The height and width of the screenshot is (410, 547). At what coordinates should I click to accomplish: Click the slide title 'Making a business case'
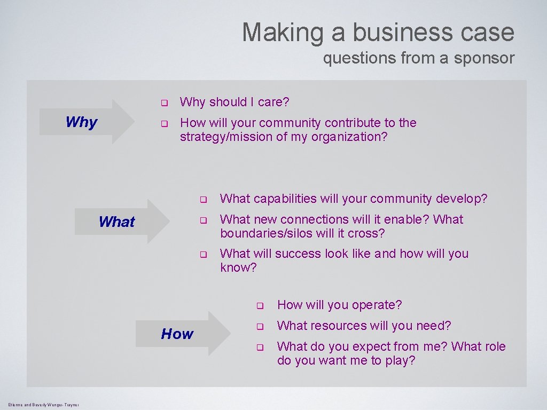(x=378, y=32)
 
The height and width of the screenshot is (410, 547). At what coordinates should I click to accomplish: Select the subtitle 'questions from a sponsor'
(x=418, y=58)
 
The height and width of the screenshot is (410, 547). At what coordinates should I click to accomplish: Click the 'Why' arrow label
(x=81, y=122)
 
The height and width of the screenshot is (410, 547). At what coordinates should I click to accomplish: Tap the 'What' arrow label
(x=116, y=222)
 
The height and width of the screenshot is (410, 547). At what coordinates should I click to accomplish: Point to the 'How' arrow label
(x=177, y=334)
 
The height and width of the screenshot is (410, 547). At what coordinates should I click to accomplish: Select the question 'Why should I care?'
(x=235, y=102)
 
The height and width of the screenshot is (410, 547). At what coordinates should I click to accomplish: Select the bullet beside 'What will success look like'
(x=204, y=255)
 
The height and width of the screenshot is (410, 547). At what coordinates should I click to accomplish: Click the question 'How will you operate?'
(x=339, y=305)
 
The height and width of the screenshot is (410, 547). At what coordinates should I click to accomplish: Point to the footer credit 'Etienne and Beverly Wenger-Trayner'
(x=44, y=405)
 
